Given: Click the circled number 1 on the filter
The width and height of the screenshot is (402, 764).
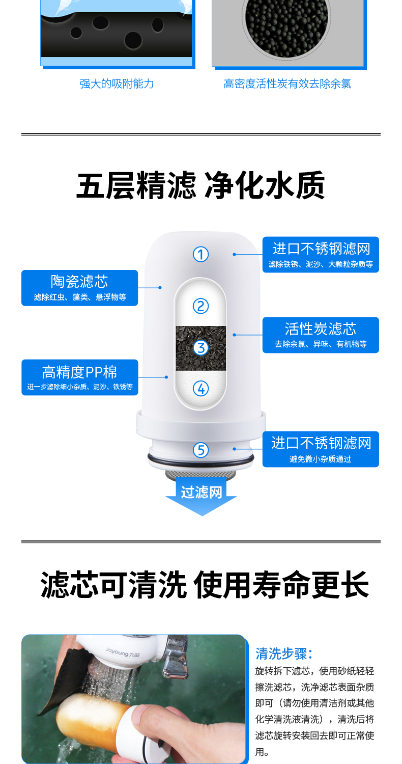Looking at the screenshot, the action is (x=201, y=254).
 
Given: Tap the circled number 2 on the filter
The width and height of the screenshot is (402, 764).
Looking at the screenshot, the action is (x=201, y=306).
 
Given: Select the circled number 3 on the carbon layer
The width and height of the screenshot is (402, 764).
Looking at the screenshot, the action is (x=201, y=347).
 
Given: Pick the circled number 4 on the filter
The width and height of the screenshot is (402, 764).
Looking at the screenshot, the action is (x=201, y=388).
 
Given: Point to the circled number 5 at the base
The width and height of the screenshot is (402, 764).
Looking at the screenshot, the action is (x=201, y=450).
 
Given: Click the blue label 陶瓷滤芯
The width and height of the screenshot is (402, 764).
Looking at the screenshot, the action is (x=79, y=287).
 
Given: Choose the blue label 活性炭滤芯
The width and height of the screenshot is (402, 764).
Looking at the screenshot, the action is (x=321, y=335).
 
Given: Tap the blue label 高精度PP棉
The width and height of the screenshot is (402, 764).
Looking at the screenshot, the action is (x=79, y=377).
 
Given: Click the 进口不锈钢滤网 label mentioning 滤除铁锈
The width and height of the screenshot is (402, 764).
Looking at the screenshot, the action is (x=321, y=254).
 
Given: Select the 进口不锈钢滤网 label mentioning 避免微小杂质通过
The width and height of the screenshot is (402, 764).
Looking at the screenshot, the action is (x=321, y=449).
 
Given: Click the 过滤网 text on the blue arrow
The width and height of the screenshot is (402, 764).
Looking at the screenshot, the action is (x=202, y=492).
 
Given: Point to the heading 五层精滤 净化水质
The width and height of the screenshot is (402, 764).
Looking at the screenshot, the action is (x=201, y=186).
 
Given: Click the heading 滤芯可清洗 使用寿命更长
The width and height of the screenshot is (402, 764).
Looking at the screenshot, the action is (x=205, y=585).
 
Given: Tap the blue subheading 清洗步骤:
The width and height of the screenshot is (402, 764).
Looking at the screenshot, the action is (x=284, y=653).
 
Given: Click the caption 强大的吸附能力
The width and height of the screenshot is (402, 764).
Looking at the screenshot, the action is (x=117, y=84).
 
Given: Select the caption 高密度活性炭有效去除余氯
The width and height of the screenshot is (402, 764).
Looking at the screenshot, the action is (x=288, y=84).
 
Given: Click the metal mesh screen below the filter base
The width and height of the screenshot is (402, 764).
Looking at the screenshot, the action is (x=201, y=474).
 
